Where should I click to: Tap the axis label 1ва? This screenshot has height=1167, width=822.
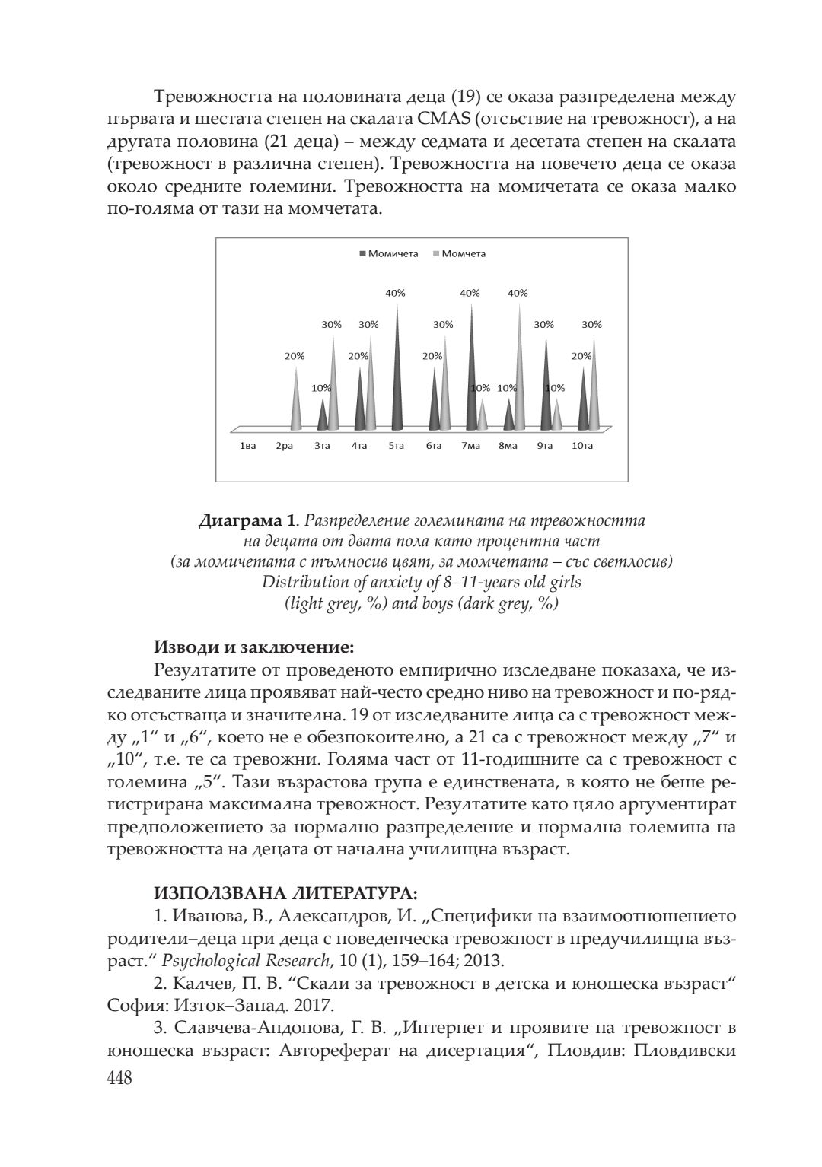pyautogui.click(x=247, y=446)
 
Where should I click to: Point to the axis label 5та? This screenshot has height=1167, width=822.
pyautogui.click(x=396, y=446)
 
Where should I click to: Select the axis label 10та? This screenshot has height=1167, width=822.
pyautogui.click(x=581, y=446)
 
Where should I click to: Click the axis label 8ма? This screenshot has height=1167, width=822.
pyautogui.click(x=508, y=446)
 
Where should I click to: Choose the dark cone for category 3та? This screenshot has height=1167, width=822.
pyautogui.click(x=322, y=417)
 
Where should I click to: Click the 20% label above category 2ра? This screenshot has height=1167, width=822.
pyautogui.click(x=295, y=355)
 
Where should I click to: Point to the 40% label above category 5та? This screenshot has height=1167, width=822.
pyautogui.click(x=396, y=293)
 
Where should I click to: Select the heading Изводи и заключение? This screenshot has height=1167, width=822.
pyautogui.click(x=254, y=648)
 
